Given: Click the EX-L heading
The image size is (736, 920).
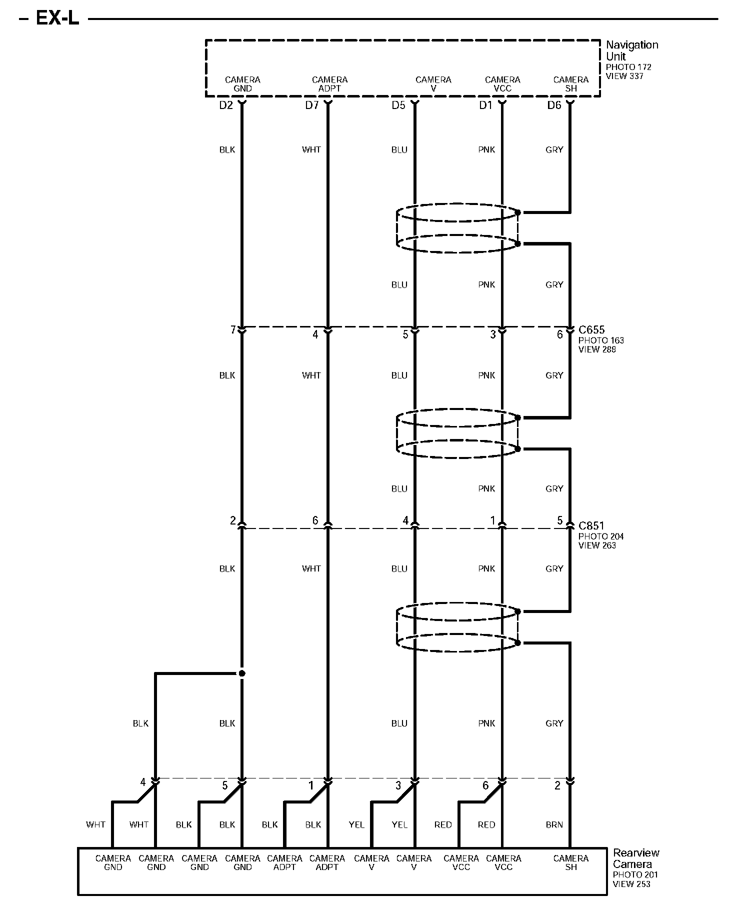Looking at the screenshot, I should (x=57, y=19).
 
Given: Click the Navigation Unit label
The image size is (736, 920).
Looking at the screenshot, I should (x=631, y=50).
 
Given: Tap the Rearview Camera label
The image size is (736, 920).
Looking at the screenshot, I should (x=636, y=858).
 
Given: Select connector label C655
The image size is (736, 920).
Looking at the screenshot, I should (x=591, y=330).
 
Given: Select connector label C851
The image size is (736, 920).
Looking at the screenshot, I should (x=591, y=526).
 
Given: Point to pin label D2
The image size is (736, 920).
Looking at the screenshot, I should (x=226, y=105).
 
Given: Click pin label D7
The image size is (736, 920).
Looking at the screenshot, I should (x=312, y=105).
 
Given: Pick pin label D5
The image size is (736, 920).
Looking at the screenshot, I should (x=398, y=105).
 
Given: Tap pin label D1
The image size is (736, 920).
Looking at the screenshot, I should (x=486, y=105).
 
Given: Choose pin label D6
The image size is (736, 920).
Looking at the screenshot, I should (x=554, y=105).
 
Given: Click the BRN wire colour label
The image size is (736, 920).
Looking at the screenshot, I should (x=554, y=825).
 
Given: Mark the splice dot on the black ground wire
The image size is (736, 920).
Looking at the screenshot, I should (x=242, y=673).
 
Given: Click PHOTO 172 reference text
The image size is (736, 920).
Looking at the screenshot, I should (x=628, y=67).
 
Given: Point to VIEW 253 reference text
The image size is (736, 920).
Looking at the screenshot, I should (x=631, y=884).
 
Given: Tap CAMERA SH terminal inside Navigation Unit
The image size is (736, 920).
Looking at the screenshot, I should (x=571, y=84).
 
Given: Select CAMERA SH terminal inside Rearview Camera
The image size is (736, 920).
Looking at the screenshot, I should (x=571, y=863).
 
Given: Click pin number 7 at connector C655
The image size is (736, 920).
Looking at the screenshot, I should (x=232, y=330).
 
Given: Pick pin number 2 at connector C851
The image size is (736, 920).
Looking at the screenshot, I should (x=232, y=521).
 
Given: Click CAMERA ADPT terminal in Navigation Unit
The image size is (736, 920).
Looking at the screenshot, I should (x=329, y=84).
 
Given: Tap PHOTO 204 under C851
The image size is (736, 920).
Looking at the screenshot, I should (x=601, y=536).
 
